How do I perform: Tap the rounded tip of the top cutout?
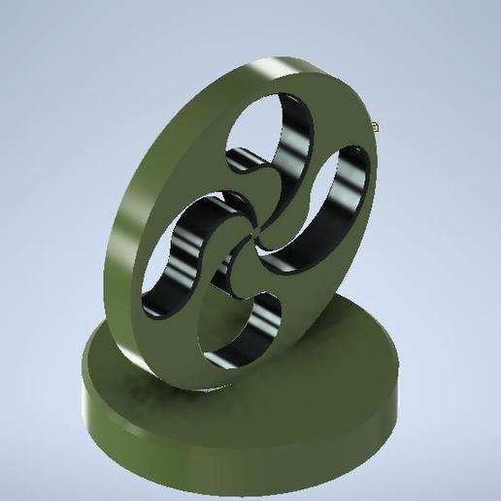238,160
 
